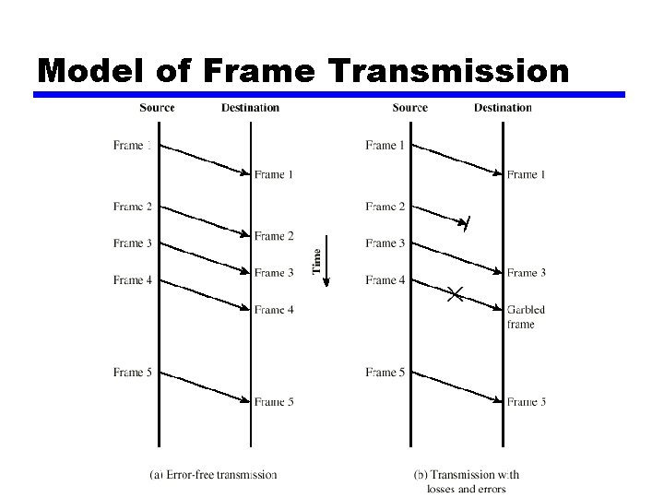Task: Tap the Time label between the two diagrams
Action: pyautogui.click(x=317, y=259)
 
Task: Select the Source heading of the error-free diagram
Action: pyautogui.click(x=157, y=108)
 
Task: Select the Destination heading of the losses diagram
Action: pyautogui.click(x=503, y=108)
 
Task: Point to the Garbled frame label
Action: pyautogui.click(x=526, y=316)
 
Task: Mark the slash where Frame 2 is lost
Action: pyautogui.click(x=468, y=223)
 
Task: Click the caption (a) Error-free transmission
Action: pyautogui.click(x=213, y=474)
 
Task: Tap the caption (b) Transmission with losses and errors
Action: pyautogui.click(x=467, y=480)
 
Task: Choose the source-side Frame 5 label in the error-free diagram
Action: pyautogui.click(x=133, y=373)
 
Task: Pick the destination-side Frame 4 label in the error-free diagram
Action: pyautogui.click(x=274, y=310)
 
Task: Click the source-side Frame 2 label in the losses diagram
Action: pyautogui.click(x=385, y=207)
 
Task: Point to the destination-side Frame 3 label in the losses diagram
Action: pyautogui.click(x=527, y=273)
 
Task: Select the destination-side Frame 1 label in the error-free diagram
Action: pyautogui.click(x=274, y=174)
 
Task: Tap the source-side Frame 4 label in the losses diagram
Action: pyautogui.click(x=385, y=280)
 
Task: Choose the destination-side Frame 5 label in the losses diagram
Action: pyautogui.click(x=527, y=402)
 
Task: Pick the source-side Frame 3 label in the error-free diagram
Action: pyautogui.click(x=133, y=243)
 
